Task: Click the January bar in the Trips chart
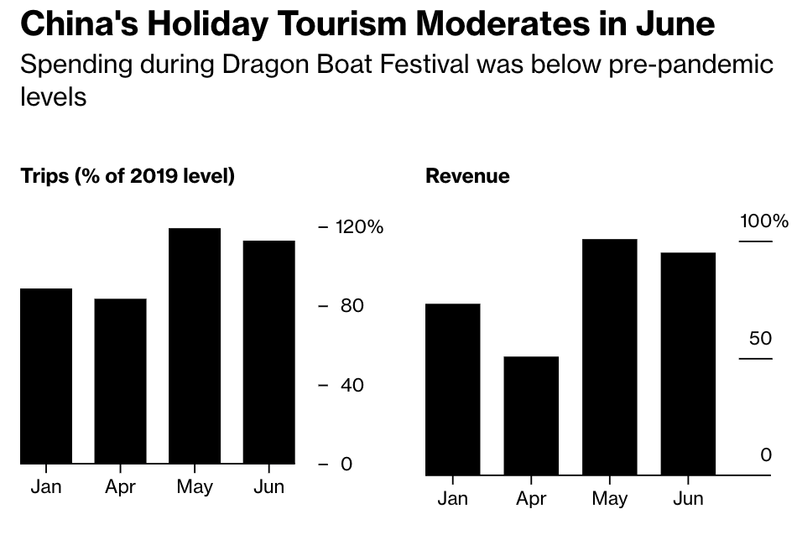[46, 376]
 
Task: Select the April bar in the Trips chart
[121, 381]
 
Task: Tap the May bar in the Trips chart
[195, 345]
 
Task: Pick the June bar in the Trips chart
[269, 352]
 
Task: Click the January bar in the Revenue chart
[453, 389]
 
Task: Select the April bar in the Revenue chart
[531, 416]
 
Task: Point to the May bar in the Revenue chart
[610, 357]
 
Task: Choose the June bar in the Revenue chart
[688, 364]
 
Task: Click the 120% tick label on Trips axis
[359, 226]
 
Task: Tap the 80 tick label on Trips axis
[352, 305]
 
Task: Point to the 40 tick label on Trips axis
[352, 385]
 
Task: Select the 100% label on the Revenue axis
[763, 221]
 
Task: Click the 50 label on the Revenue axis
[760, 338]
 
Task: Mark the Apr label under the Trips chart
[121, 487]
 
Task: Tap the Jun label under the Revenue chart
[688, 499]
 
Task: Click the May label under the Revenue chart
[610, 499]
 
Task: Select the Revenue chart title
[467, 176]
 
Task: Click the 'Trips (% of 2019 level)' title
[128, 176]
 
